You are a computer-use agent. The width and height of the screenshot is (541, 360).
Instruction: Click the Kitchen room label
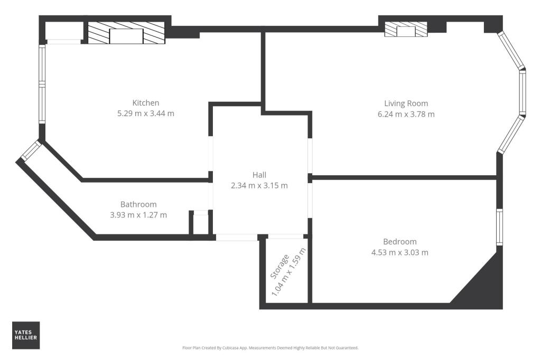pyautogui.click(x=145, y=103)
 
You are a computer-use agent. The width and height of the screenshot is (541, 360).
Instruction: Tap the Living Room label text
pyautogui.click(x=406, y=103)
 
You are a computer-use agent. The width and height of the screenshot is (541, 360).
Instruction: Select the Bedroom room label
pyautogui.click(x=399, y=242)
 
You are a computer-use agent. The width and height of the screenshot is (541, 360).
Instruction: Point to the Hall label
pyautogui.click(x=259, y=175)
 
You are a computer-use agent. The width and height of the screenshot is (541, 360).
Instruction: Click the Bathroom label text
pyautogui.click(x=138, y=204)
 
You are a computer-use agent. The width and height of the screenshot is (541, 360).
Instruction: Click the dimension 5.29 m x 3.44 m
pyautogui.click(x=145, y=113)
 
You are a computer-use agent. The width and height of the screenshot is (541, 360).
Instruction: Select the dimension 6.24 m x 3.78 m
pyautogui.click(x=406, y=114)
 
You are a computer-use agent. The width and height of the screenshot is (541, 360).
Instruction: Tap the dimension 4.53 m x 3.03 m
pyautogui.click(x=399, y=252)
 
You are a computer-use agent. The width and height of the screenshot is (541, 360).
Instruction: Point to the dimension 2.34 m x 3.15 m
pyautogui.click(x=259, y=185)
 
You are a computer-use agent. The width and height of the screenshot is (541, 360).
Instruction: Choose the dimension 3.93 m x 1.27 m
pyautogui.click(x=138, y=215)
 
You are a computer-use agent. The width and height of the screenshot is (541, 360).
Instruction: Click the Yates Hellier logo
pyautogui.click(x=26, y=335)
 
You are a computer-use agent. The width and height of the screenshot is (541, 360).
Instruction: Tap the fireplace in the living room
pyautogui.click(x=406, y=30)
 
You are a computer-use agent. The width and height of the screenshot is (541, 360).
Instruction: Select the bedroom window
pyautogui.click(x=499, y=226)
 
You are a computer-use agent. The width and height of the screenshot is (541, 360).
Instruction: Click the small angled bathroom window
pyautogui.click(x=31, y=150)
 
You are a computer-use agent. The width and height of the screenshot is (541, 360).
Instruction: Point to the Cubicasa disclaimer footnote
pyautogui.click(x=270, y=348)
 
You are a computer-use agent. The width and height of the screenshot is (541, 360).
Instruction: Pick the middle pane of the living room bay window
pyautogui.click(x=523, y=93)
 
